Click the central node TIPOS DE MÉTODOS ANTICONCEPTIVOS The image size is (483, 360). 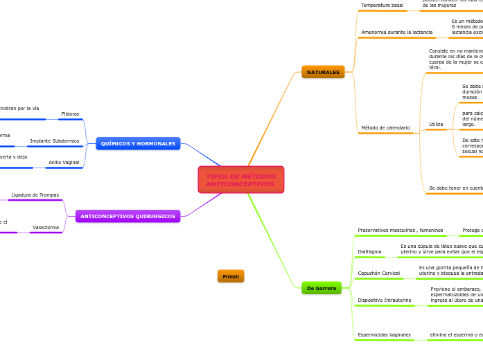(240, 180)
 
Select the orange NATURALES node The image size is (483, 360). (323, 72)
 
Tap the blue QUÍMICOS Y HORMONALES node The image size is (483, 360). (138, 143)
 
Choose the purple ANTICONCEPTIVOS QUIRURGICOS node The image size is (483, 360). (128, 216)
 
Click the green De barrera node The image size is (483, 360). (322, 288)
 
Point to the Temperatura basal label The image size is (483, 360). (382, 6)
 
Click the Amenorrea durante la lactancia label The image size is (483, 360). (396, 33)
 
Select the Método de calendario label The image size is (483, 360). (385, 127)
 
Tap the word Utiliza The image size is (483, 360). (436, 125)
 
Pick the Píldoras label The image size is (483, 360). (70, 114)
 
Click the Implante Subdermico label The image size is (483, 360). (55, 141)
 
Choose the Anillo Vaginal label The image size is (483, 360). (64, 162)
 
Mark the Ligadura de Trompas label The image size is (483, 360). (35, 195)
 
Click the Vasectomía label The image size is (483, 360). (46, 227)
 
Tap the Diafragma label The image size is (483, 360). (369, 251)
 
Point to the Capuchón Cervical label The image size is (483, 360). (378, 273)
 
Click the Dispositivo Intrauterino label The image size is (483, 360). (384, 300)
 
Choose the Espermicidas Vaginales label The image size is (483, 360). (384, 335)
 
